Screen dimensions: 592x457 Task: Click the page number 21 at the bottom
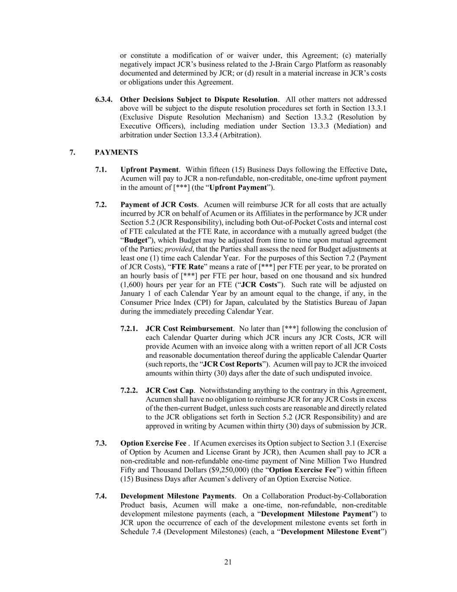tap(228, 563)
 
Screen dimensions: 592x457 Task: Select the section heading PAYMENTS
tap(116, 152)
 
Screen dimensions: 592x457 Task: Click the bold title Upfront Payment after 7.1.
tap(149, 170)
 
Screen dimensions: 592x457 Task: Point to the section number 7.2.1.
tap(130, 329)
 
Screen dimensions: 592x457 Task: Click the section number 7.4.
tap(101, 496)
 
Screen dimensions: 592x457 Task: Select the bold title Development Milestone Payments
tap(178, 496)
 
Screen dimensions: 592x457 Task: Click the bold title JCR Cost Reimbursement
tap(189, 329)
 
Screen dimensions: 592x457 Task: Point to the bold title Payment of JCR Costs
tap(159, 205)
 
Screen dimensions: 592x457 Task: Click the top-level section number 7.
tap(71, 152)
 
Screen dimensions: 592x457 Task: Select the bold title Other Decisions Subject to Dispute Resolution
tap(198, 100)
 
